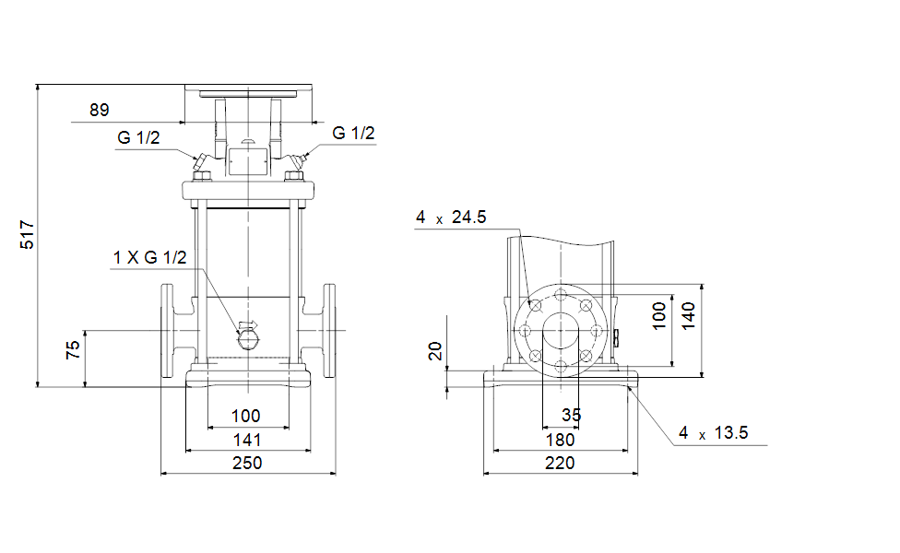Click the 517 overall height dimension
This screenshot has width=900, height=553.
27,235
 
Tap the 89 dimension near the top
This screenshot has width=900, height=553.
100,110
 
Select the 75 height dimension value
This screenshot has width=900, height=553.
73,350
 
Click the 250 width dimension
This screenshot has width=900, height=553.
247,463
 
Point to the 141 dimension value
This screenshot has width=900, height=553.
247,440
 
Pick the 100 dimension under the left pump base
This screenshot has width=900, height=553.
245,416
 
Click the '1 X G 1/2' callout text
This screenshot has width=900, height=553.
149,257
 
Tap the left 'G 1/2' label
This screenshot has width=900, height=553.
138,137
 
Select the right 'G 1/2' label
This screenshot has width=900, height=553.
353,133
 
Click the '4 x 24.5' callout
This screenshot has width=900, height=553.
451,218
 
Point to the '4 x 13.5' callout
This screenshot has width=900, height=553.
714,432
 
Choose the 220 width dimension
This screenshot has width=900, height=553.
560,463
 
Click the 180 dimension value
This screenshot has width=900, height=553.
560,440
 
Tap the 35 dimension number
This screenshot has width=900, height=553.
571,415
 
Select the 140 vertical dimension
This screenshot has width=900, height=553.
688,316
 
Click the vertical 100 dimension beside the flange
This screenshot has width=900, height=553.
659,316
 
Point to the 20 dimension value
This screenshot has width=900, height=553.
435,350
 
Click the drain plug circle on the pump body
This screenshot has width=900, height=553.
248,340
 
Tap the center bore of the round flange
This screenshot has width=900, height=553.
561,331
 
